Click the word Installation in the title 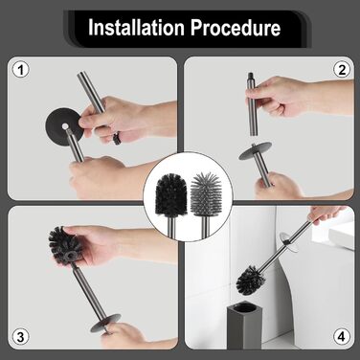136,28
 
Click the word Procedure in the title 236,28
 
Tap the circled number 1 21,70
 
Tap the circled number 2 342,70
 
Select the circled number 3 20,337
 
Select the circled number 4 341,337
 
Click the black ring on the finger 117,138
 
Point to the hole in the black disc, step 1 65,126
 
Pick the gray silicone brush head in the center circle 204,193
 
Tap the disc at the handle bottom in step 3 106,323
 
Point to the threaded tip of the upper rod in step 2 251,77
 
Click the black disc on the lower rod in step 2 256,150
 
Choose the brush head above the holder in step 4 251,280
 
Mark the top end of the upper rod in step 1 80,75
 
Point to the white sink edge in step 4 341,236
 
